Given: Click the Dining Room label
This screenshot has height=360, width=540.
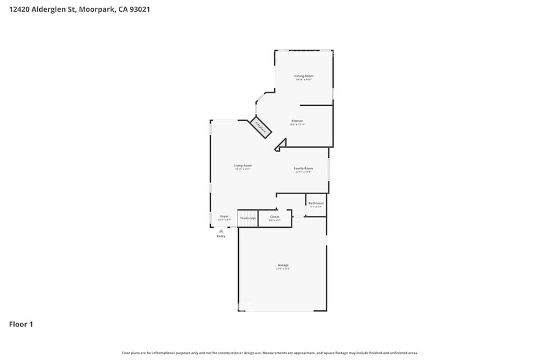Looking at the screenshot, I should (x=304, y=76).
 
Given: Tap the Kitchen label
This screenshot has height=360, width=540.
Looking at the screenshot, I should (x=297, y=121).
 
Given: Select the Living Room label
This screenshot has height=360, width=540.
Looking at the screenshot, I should (x=242, y=165).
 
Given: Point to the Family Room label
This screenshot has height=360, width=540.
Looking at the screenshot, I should (x=303, y=168).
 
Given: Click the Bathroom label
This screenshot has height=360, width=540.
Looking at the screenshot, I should (x=315, y=203).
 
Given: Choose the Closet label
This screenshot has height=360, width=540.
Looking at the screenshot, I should (x=274, y=217).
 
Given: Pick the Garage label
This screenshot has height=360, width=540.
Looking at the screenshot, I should (x=282, y=265).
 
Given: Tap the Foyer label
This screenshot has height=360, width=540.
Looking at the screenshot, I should (x=224, y=217).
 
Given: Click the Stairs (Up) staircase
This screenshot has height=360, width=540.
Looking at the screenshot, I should (x=247, y=219).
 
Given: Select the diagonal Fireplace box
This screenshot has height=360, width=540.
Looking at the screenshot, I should (x=261, y=127).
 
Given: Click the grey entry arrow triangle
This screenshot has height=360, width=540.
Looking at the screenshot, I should (x=221, y=231).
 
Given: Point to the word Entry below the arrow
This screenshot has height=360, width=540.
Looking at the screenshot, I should (x=221, y=236).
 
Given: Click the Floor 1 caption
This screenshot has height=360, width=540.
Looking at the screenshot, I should (x=21, y=324).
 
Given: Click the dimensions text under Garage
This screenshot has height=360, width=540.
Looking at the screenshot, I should (x=282, y=269).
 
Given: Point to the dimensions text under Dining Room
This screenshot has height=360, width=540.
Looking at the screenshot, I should (x=304, y=80).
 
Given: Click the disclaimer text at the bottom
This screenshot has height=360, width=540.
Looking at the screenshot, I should (x=269, y=353).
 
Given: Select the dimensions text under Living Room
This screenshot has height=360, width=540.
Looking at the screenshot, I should (x=242, y=169).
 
